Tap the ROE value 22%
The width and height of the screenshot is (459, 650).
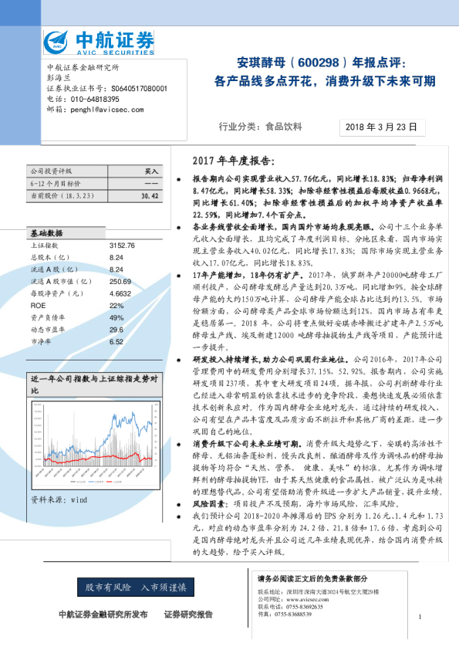pyautogui.click(x=116, y=306)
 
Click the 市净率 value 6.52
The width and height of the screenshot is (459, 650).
pyautogui.click(x=116, y=341)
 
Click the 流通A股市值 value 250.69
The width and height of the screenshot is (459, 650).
pyautogui.click(x=120, y=282)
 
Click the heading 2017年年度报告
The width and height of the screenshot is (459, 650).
pyautogui.click(x=231, y=161)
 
